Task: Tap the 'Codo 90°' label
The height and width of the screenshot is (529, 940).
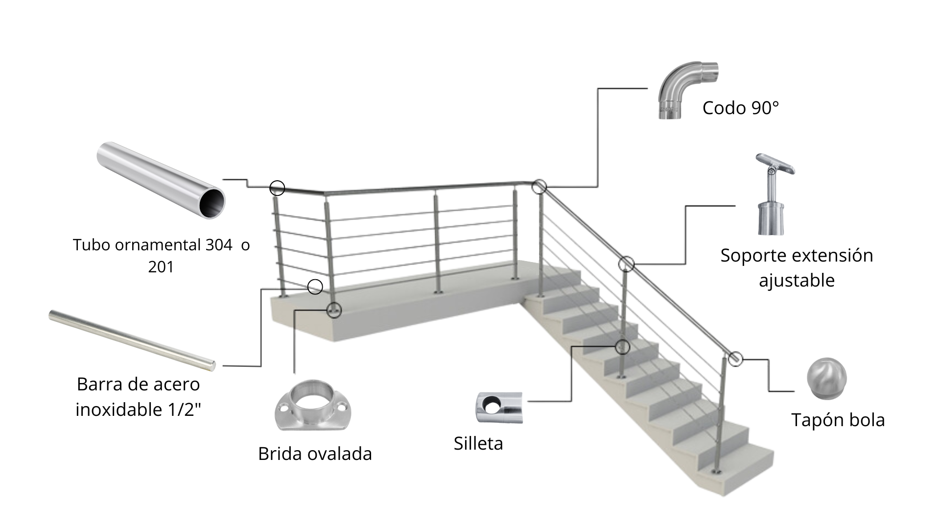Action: pos(740,108)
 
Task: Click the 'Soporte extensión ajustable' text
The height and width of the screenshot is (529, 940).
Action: pos(797,268)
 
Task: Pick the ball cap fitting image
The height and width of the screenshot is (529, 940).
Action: pos(826,379)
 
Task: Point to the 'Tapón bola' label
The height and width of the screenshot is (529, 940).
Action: pos(838,420)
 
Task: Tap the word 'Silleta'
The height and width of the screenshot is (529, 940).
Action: pos(478,443)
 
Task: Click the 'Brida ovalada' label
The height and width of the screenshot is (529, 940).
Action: pos(315,454)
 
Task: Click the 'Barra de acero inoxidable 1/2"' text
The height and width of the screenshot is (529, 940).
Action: pos(138,397)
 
